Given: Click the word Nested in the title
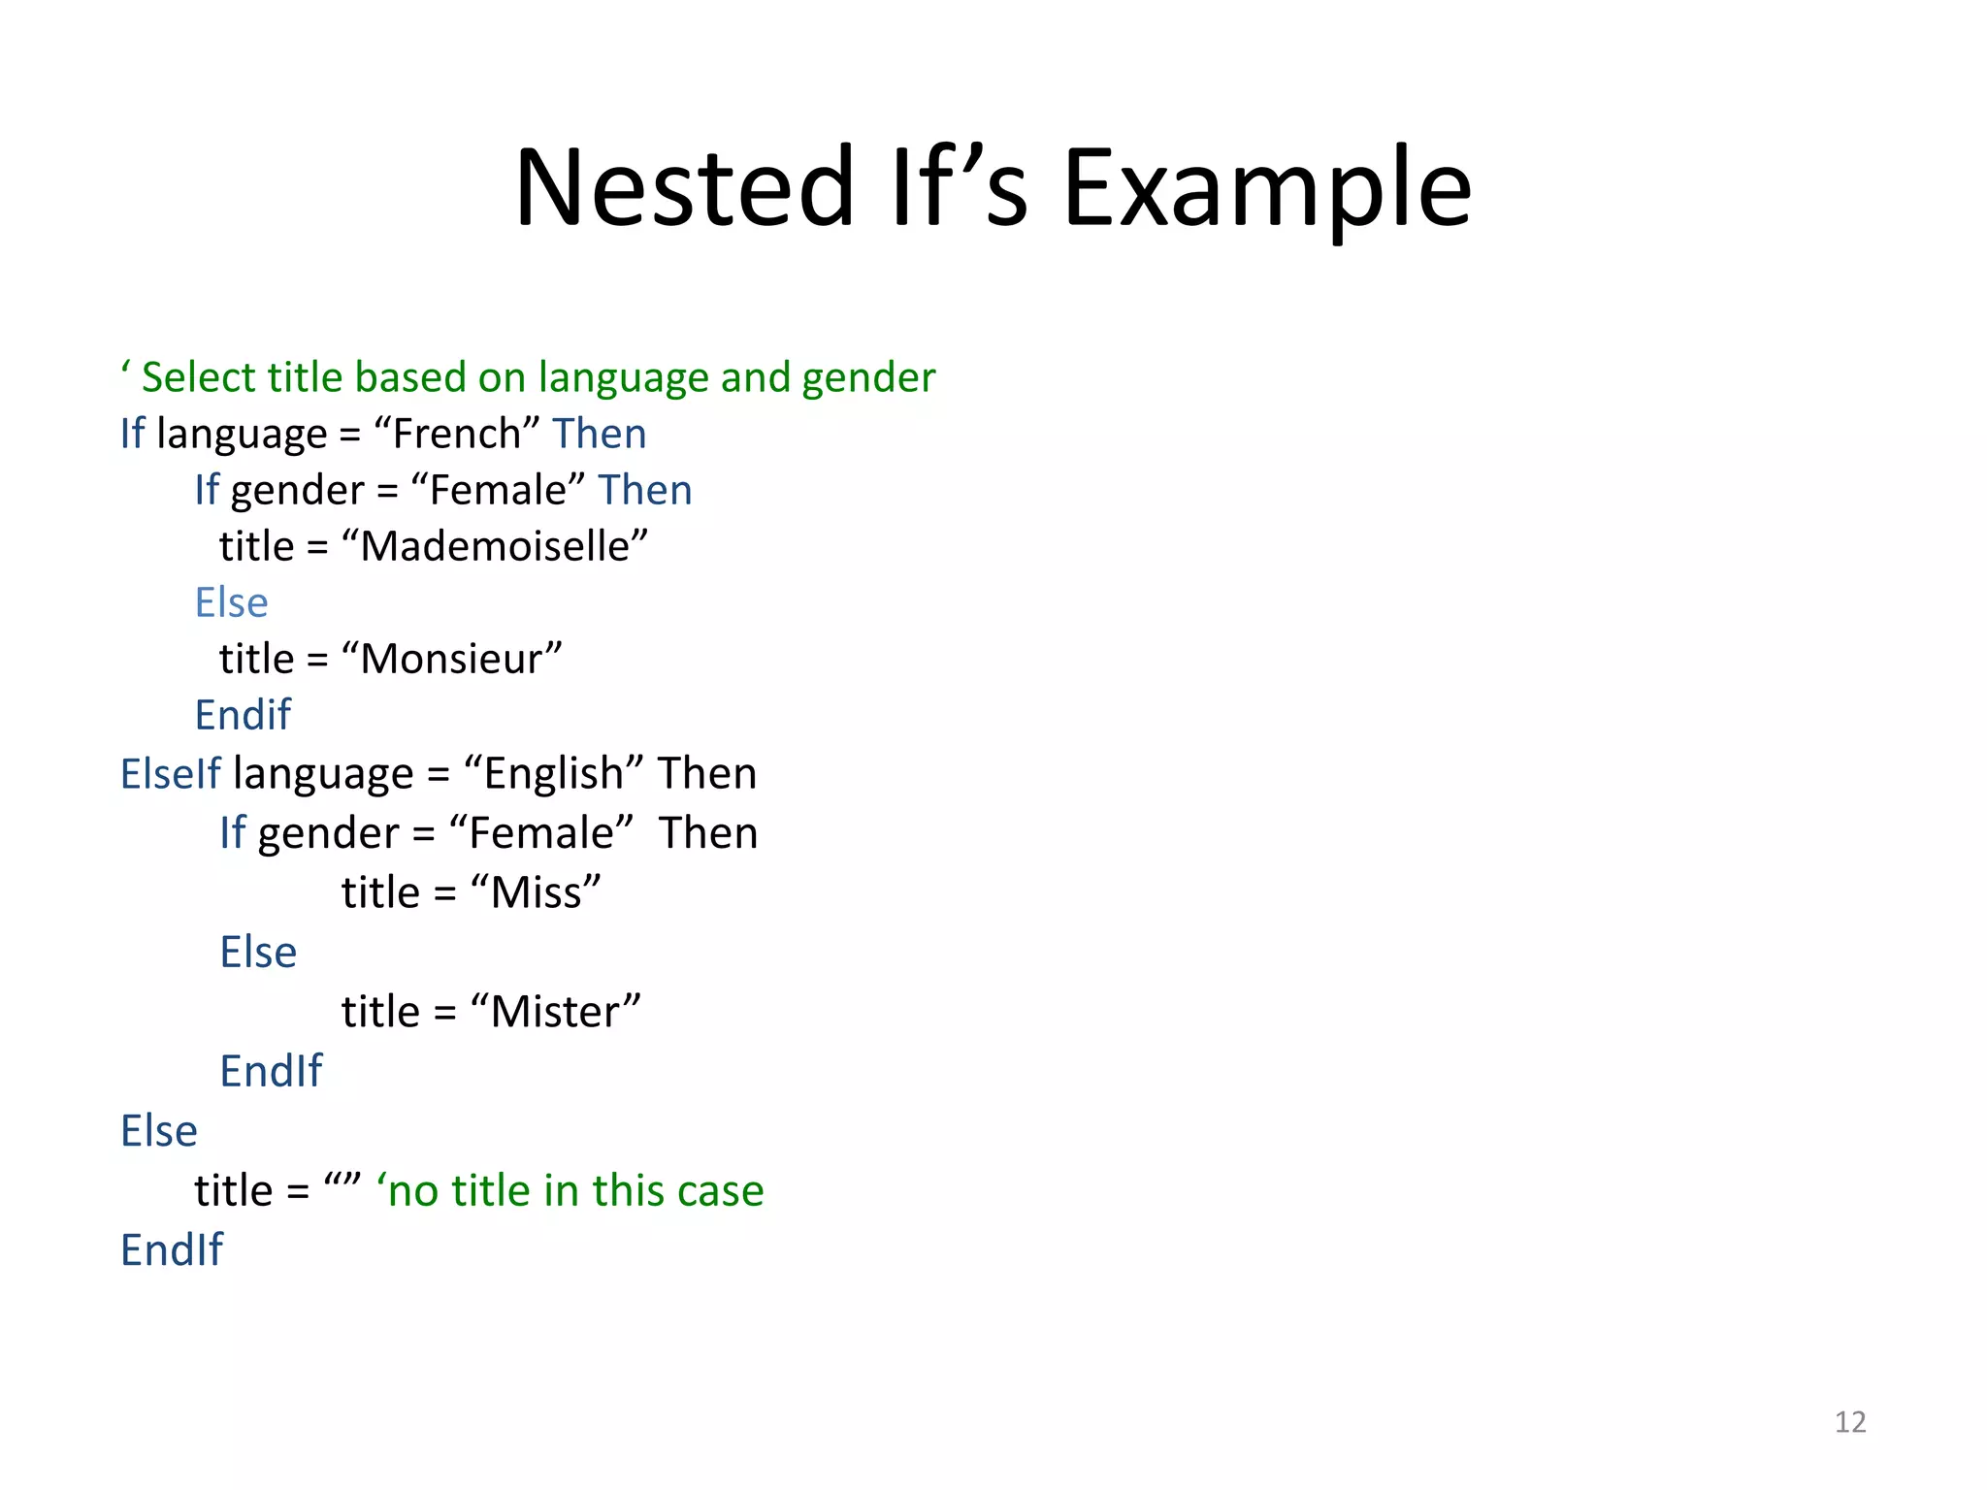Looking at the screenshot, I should [684, 186].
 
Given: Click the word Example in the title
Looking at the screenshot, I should [1267, 186].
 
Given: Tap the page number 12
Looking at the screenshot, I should [1850, 1422].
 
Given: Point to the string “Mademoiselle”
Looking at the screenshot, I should [495, 546].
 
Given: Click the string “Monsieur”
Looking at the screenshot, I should [451, 659].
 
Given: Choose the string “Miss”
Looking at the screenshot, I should [536, 892].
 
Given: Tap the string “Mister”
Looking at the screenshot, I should [556, 1012].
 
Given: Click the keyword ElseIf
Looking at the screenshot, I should [171, 773].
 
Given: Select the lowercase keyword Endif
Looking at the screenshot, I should [243, 715].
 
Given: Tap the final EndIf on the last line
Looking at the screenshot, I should [172, 1249].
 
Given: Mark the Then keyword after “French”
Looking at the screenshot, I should [599, 433].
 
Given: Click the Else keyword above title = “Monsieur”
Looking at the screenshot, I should [231, 602].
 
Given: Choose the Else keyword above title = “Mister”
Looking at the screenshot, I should [258, 952].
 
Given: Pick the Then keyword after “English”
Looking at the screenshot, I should [707, 773].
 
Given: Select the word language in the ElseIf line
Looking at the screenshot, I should [323, 773].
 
